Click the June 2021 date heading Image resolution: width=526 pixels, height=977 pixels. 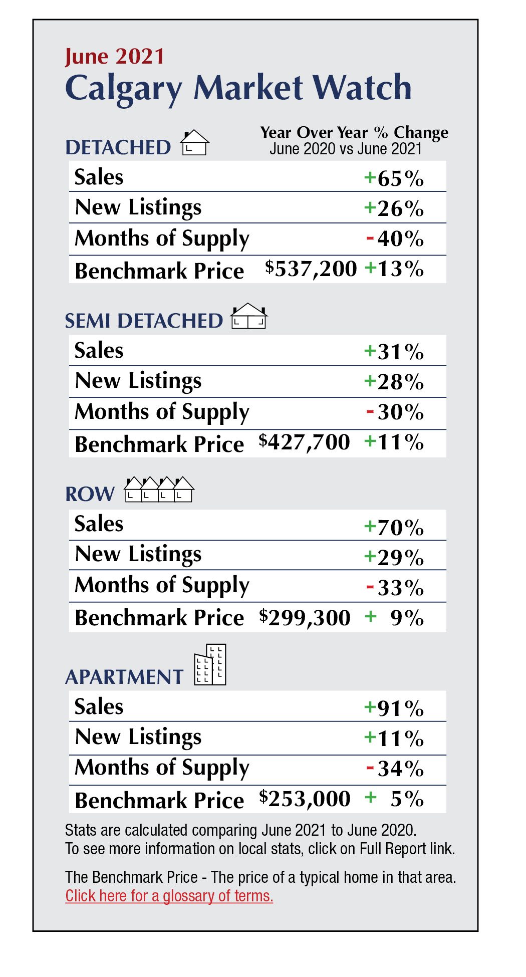tap(115, 57)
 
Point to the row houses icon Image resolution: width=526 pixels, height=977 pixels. tap(159, 490)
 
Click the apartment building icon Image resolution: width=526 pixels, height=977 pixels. tap(211, 665)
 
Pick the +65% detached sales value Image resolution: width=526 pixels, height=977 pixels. tap(394, 178)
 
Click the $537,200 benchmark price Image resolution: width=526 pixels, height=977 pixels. tap(311, 269)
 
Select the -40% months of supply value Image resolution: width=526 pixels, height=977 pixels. tap(395, 239)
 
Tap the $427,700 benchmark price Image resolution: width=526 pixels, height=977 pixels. tap(304, 442)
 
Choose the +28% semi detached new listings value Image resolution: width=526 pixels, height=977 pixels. tap(394, 382)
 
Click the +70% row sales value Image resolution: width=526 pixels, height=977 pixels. tap(394, 528)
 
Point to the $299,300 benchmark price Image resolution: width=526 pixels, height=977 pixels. tap(305, 618)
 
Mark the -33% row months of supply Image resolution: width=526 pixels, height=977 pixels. tap(395, 588)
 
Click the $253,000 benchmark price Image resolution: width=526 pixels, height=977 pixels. tap(305, 799)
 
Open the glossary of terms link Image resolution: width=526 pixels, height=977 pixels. tap(169, 896)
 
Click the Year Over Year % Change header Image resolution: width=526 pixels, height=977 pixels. tap(354, 133)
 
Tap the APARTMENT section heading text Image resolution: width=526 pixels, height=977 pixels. tap(124, 677)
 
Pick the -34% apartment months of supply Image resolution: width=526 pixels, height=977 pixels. tap(395, 769)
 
